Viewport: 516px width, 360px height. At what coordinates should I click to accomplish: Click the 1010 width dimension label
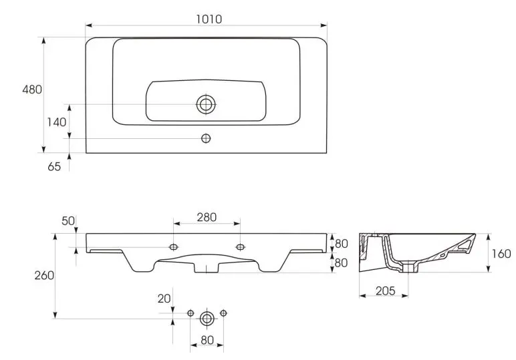(209, 19)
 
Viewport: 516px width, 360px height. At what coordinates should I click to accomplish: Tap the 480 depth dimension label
(32, 89)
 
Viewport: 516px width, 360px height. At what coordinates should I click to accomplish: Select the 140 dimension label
(57, 122)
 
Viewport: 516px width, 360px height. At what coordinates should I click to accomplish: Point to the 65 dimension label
(54, 167)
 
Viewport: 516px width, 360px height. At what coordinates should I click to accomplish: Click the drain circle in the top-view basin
(206, 105)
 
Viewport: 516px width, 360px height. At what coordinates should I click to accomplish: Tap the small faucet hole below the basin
(206, 138)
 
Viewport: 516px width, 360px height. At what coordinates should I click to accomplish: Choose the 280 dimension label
(207, 217)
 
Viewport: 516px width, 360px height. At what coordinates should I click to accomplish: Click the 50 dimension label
(68, 221)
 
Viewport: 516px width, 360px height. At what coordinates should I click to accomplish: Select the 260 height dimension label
(44, 275)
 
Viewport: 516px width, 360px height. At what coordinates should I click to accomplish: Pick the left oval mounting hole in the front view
(173, 247)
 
